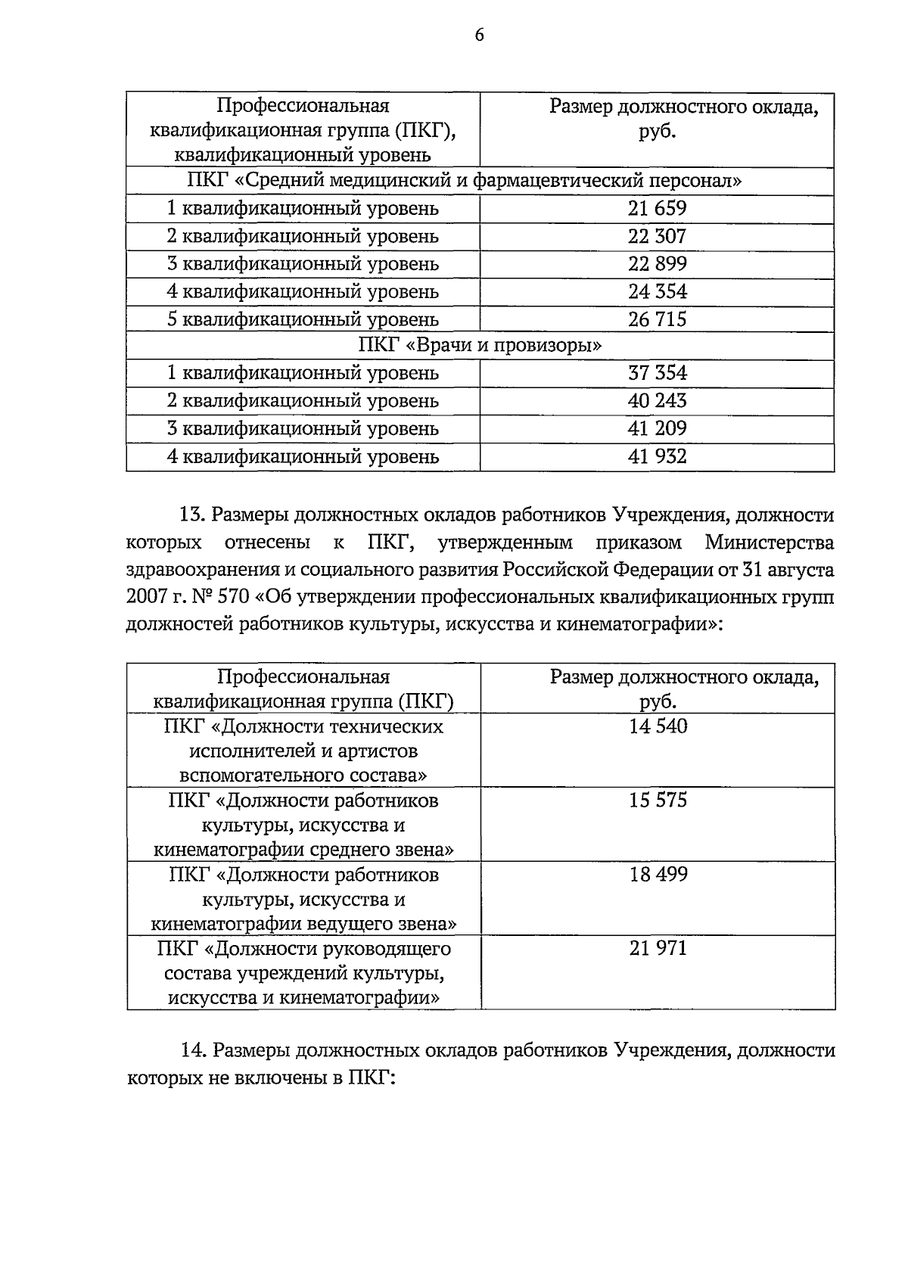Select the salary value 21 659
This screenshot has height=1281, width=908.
(x=657, y=209)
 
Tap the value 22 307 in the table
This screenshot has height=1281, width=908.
(x=657, y=236)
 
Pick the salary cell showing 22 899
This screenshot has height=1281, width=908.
(x=657, y=264)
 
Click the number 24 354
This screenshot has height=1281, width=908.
(x=657, y=291)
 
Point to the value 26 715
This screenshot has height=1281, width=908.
(x=657, y=319)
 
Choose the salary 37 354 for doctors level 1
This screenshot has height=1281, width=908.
(x=657, y=373)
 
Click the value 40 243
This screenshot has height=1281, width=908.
(x=657, y=401)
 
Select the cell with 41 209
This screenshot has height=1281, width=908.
(x=657, y=428)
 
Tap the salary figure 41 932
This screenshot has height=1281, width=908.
(x=657, y=456)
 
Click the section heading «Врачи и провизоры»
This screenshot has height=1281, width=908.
(x=480, y=346)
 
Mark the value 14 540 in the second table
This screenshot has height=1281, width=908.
(x=658, y=726)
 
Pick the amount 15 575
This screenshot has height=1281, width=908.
(x=658, y=801)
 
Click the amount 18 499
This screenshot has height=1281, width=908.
(x=658, y=875)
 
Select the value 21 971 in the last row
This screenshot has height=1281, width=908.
(x=658, y=948)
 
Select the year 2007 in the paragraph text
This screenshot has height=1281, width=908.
(x=148, y=597)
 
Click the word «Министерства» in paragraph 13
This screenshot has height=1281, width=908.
(x=769, y=543)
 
